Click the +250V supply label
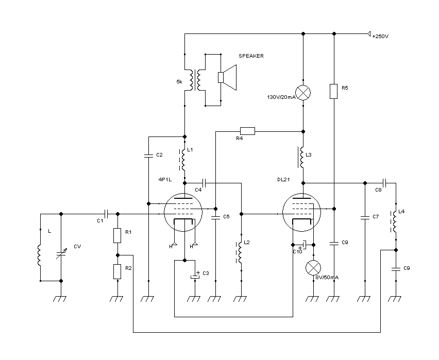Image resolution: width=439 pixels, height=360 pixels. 380,36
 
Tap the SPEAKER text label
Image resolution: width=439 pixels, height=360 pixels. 251,56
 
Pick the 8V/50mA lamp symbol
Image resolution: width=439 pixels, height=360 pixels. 313,268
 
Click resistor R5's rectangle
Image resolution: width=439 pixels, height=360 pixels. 334,91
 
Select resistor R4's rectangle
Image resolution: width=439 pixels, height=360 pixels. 247,130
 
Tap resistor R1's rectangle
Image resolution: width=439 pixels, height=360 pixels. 117,235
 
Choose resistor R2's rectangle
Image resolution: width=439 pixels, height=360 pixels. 117,271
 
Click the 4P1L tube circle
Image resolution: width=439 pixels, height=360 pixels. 183,213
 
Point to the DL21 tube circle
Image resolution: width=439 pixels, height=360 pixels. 302,213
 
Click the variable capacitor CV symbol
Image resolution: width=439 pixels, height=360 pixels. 61,252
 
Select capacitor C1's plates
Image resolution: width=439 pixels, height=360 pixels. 105,213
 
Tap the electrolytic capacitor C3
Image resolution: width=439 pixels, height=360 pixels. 195,277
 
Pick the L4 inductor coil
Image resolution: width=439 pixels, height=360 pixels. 395,220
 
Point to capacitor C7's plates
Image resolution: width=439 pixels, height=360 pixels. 365,216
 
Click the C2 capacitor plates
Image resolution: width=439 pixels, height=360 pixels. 148,155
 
